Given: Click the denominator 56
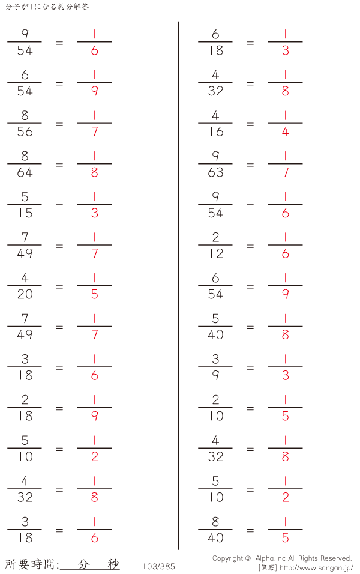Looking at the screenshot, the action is click(25, 131).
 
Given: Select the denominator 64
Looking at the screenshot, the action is click(25, 172).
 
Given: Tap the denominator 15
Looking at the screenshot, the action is click(26, 213).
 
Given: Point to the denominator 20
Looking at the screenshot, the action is click(25, 294).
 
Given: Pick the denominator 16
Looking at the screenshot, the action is click(216, 131).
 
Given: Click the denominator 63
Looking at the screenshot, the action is click(215, 172).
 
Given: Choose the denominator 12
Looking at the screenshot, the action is click(216, 254).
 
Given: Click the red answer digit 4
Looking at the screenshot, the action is click(286, 131).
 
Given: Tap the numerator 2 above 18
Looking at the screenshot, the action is click(25, 400).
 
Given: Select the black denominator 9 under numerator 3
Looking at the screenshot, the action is click(215, 376).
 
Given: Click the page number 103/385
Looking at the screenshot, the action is click(159, 566).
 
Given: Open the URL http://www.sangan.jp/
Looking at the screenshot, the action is click(316, 568).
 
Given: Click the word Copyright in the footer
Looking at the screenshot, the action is click(227, 558).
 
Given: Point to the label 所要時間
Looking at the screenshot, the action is click(30, 564).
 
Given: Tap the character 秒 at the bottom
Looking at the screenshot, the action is click(113, 564).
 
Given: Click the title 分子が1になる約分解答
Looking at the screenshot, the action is click(47, 7).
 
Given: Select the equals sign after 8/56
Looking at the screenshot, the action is click(59, 124).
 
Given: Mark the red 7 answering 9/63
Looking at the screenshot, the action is click(286, 172).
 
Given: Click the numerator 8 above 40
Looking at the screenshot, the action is click(215, 522).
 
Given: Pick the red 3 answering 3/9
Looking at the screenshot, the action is click(286, 376).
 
